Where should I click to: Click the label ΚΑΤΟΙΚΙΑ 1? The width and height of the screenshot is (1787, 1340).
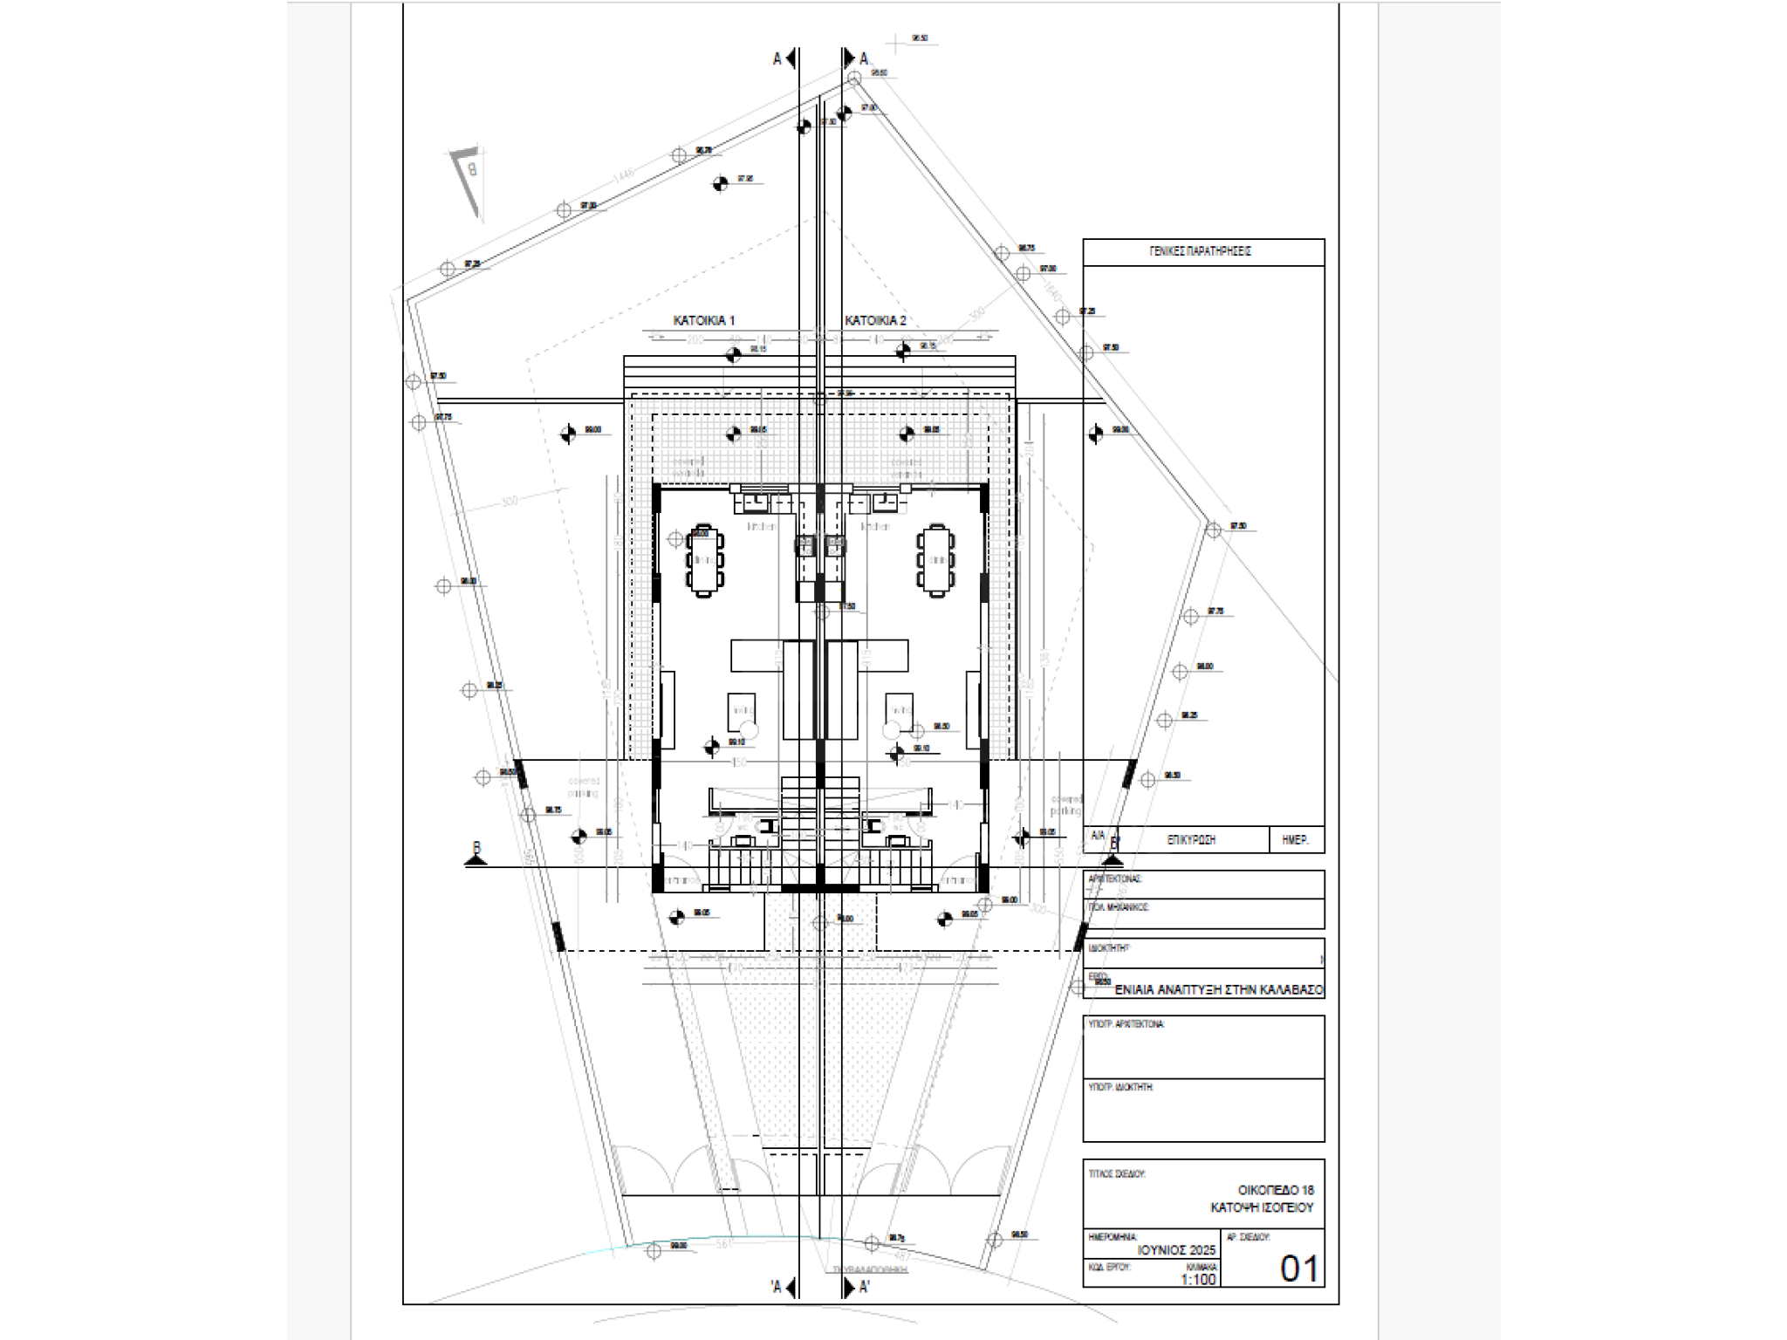click(703, 321)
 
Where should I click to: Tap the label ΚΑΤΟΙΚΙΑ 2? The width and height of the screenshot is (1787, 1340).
click(875, 321)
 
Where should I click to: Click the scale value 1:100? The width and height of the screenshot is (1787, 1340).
click(1198, 1280)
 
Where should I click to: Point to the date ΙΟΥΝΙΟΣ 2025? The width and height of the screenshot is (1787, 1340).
click(1176, 1250)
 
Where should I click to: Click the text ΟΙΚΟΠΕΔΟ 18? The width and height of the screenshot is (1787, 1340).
click(1275, 1190)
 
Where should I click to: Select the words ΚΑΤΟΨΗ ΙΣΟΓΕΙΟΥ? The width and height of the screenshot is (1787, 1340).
click(1261, 1208)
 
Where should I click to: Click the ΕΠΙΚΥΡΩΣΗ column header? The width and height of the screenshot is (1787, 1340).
click(1191, 840)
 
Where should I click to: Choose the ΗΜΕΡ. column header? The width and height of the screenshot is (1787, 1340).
click(1296, 840)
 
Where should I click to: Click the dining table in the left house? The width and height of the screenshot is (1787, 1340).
click(705, 560)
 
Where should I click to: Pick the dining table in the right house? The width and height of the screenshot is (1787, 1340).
click(935, 560)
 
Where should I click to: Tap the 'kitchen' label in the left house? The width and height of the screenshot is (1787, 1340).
click(762, 527)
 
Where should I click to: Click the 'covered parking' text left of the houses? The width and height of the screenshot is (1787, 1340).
click(584, 787)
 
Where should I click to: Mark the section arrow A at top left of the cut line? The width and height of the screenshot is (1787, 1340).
click(784, 58)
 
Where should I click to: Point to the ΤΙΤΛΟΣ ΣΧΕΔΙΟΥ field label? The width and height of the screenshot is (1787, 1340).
click(1116, 1174)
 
